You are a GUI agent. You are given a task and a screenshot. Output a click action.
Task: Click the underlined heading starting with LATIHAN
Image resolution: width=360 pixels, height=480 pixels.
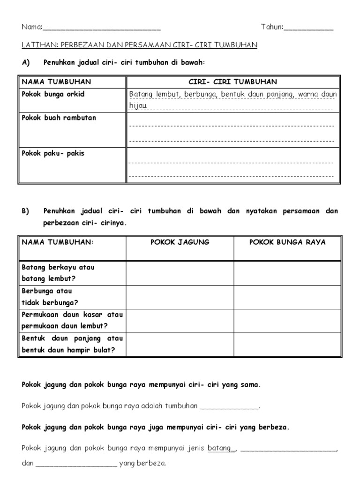[x=140, y=45]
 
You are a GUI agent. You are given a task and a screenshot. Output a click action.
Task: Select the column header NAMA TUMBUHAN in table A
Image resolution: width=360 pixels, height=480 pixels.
[x=56, y=82]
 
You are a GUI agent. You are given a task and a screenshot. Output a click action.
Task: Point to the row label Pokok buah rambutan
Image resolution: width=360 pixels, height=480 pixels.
[x=59, y=118]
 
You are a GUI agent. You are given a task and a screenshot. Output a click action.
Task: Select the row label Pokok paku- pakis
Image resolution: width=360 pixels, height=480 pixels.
[x=53, y=153]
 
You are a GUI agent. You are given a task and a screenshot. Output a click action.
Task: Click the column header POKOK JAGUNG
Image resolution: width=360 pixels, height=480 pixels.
[x=180, y=242]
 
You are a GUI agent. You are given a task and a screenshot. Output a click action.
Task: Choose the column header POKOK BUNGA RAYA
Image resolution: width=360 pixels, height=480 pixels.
[x=287, y=242]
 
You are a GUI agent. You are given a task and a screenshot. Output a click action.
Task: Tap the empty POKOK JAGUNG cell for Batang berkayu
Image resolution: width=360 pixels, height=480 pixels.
[x=180, y=273]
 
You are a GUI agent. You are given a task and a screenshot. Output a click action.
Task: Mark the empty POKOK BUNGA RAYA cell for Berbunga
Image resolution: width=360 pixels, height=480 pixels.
[x=287, y=297]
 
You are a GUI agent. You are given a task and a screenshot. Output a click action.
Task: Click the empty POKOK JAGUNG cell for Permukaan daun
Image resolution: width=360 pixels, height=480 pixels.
[x=180, y=321]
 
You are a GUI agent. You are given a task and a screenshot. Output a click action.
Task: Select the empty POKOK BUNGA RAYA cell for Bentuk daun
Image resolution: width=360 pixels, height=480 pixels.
[x=287, y=345]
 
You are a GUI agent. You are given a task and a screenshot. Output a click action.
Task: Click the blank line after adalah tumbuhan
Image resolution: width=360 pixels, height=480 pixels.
[x=229, y=407]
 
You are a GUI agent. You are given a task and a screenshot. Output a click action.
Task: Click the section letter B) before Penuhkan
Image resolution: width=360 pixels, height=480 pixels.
[x=25, y=211]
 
